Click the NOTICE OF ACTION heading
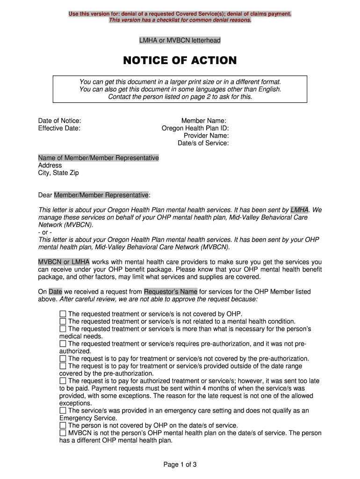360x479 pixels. coord(180,61)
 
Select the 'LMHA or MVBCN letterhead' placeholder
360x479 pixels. coord(180,41)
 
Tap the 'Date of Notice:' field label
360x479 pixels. coord(59,121)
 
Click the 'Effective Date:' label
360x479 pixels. coord(59,128)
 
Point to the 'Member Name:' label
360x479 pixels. coord(204,121)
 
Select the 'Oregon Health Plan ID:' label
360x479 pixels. coord(195,128)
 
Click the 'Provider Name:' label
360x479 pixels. coord(206,136)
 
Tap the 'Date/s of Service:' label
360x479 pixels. coord(203,143)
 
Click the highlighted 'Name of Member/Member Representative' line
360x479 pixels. coord(98,158)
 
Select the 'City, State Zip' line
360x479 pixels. coord(58,173)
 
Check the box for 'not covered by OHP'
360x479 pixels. coord(63,314)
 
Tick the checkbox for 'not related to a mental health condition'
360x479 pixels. coord(63,321)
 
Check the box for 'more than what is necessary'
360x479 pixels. coord(63,329)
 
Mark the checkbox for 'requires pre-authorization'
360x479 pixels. coord(63,344)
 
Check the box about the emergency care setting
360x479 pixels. coord(63,411)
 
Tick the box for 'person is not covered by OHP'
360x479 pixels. coord(63,426)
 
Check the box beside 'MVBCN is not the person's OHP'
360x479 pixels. coord(63,433)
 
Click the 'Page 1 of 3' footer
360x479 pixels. coord(180,464)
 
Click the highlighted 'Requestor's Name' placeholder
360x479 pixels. coord(171,292)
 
